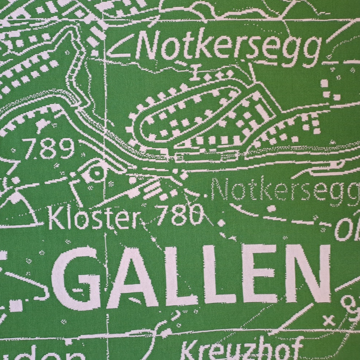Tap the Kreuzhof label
point(241,349)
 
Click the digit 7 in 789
point(31,148)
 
